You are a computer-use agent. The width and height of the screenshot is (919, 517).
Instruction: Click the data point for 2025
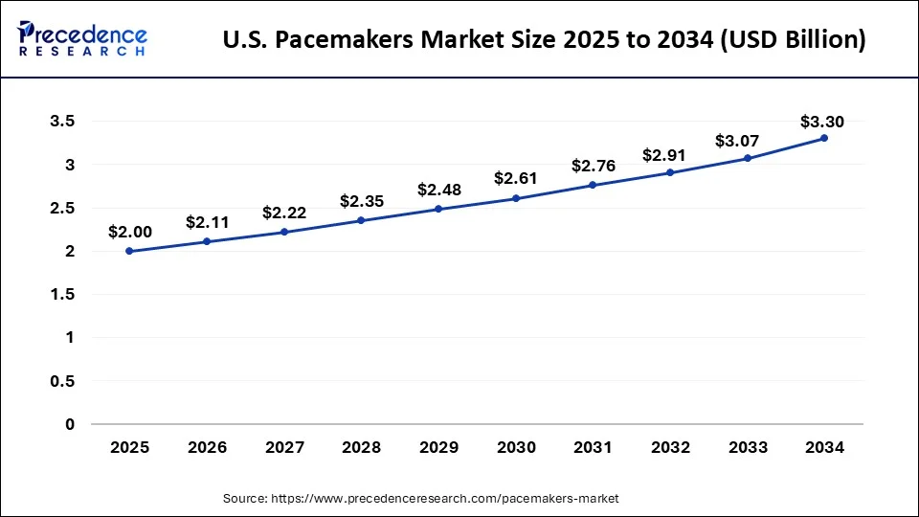129,251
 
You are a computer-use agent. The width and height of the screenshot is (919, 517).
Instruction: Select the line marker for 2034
824,138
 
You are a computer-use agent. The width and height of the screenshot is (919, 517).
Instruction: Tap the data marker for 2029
438,209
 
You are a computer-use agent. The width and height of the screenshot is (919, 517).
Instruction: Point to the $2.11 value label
206,223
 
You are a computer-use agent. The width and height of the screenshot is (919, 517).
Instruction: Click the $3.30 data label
821,122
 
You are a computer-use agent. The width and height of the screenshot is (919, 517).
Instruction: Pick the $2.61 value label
515,178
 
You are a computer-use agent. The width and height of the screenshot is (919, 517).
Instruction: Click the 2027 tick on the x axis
284,447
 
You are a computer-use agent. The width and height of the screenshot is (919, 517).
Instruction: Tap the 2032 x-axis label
670,447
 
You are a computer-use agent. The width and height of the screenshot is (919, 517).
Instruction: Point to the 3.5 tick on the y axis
62,122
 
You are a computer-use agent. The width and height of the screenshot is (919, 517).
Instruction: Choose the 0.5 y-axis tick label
62,381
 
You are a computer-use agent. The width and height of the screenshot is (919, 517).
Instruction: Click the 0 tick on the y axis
69,424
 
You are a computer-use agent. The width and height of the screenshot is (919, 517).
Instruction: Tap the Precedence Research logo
82,39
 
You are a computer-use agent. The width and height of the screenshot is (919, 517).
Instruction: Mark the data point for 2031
593,185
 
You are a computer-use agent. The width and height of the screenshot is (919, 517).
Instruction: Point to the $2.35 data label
361,201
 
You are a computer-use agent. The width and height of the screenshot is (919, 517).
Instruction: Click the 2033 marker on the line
748,158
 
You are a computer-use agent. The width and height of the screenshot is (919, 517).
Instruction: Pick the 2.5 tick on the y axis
62,208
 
